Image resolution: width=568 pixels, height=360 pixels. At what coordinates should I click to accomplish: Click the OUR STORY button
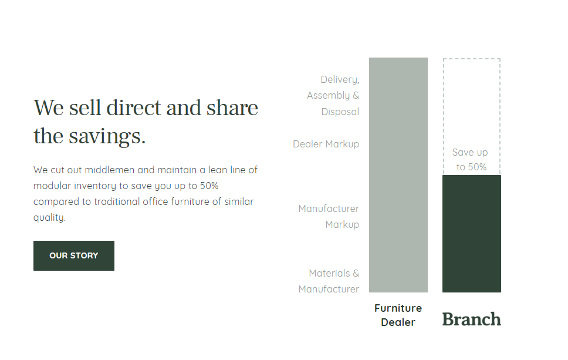[x=74, y=255]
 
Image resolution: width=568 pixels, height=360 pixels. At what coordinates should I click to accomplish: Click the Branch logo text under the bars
[x=471, y=319]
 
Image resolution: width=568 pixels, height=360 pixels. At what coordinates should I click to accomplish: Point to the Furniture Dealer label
[x=398, y=315]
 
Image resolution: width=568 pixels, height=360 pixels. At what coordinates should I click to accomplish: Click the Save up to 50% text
[x=471, y=160]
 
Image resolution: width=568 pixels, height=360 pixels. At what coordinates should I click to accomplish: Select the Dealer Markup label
[x=326, y=144]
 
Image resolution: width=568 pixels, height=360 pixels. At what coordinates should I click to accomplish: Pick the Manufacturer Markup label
[x=329, y=217]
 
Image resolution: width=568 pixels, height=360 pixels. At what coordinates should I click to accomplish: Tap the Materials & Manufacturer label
[x=329, y=281]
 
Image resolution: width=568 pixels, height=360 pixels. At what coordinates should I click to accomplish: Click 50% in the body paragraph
[x=208, y=186]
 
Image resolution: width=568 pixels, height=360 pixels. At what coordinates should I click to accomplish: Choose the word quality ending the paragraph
[x=49, y=218]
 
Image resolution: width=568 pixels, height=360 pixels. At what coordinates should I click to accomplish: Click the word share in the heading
[x=232, y=109]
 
